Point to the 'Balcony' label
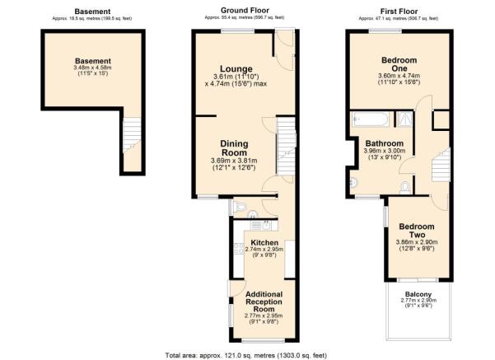pyautogui.click(x=418, y=293)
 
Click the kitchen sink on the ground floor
pyautogui.click(x=255, y=224)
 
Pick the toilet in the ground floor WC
pyautogui.click(x=236, y=207)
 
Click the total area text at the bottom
pyautogui.click(x=245, y=355)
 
